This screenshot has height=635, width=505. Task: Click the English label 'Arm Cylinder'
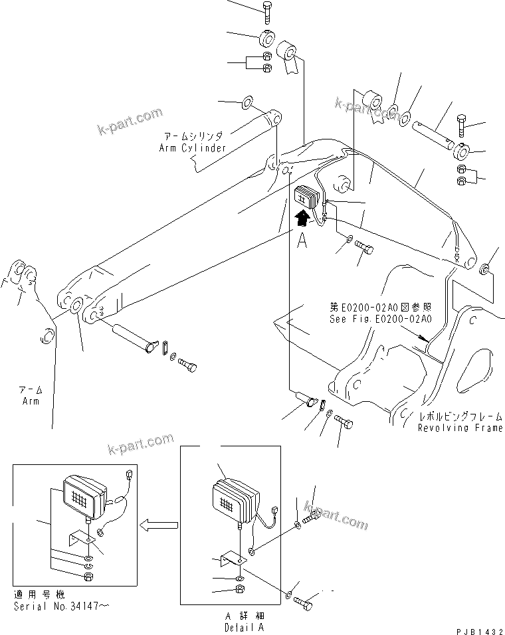pos(193,148)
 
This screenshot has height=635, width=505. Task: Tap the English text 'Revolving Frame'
pos(460,428)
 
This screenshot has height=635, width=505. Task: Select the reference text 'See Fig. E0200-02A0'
pos(381,319)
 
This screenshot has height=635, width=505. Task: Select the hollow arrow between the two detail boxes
pos(158,525)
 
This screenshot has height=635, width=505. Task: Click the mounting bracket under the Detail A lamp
pos(233,559)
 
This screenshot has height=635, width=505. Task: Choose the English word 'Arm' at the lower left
pos(29,401)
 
